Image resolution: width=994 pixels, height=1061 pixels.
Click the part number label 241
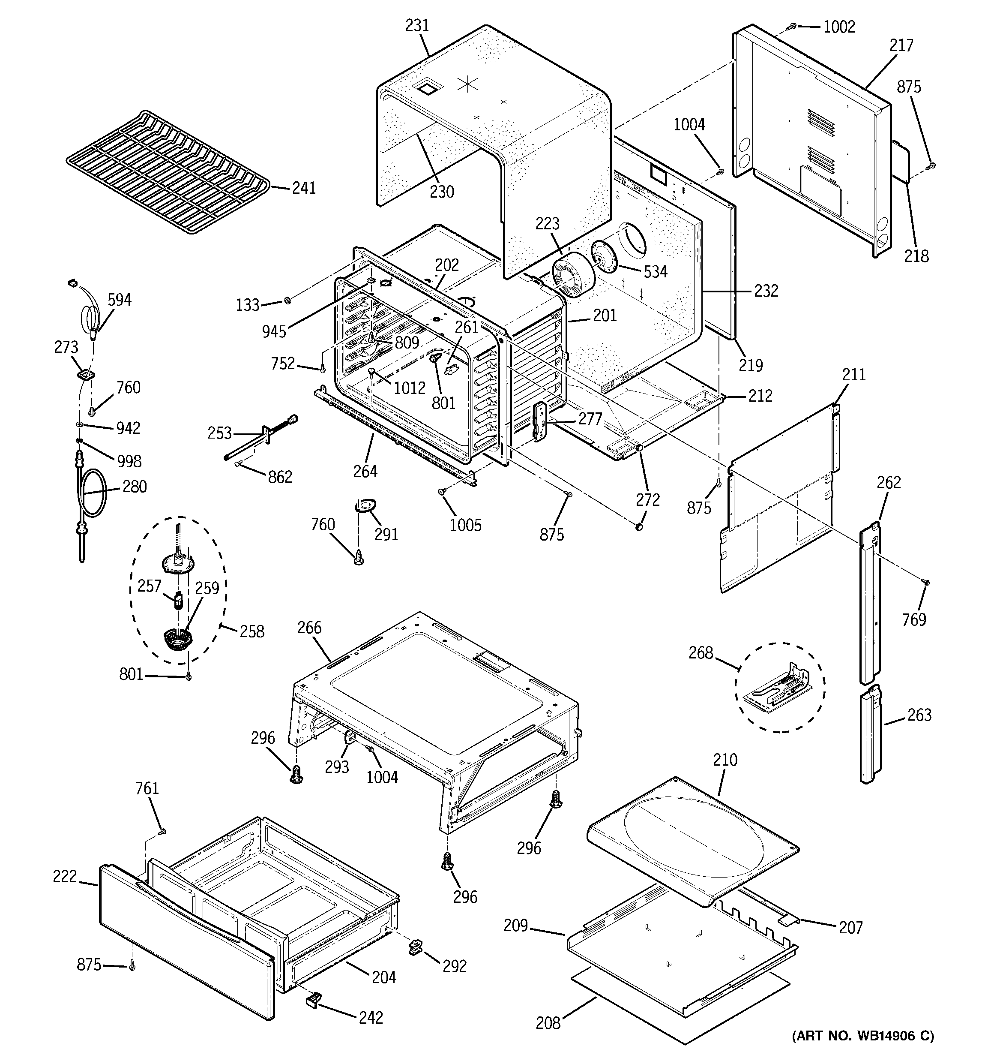coord(304,188)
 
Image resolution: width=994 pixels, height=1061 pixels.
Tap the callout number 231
coord(417,26)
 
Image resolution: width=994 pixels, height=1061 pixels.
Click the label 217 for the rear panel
coord(901,45)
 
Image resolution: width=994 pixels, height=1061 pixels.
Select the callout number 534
coord(655,272)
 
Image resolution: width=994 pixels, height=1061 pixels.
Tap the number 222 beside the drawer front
coord(65,876)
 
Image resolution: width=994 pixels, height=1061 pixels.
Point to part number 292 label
coord(454,966)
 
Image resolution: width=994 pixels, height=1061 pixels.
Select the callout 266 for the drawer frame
coord(309,628)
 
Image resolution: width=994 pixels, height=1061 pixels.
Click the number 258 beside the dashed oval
coord(252,631)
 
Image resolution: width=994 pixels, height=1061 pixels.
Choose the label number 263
coord(919,715)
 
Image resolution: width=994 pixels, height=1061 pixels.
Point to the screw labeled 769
coord(927,582)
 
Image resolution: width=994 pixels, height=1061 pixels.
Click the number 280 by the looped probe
coord(134,487)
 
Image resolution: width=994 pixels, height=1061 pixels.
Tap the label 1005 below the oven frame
coord(465,525)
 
